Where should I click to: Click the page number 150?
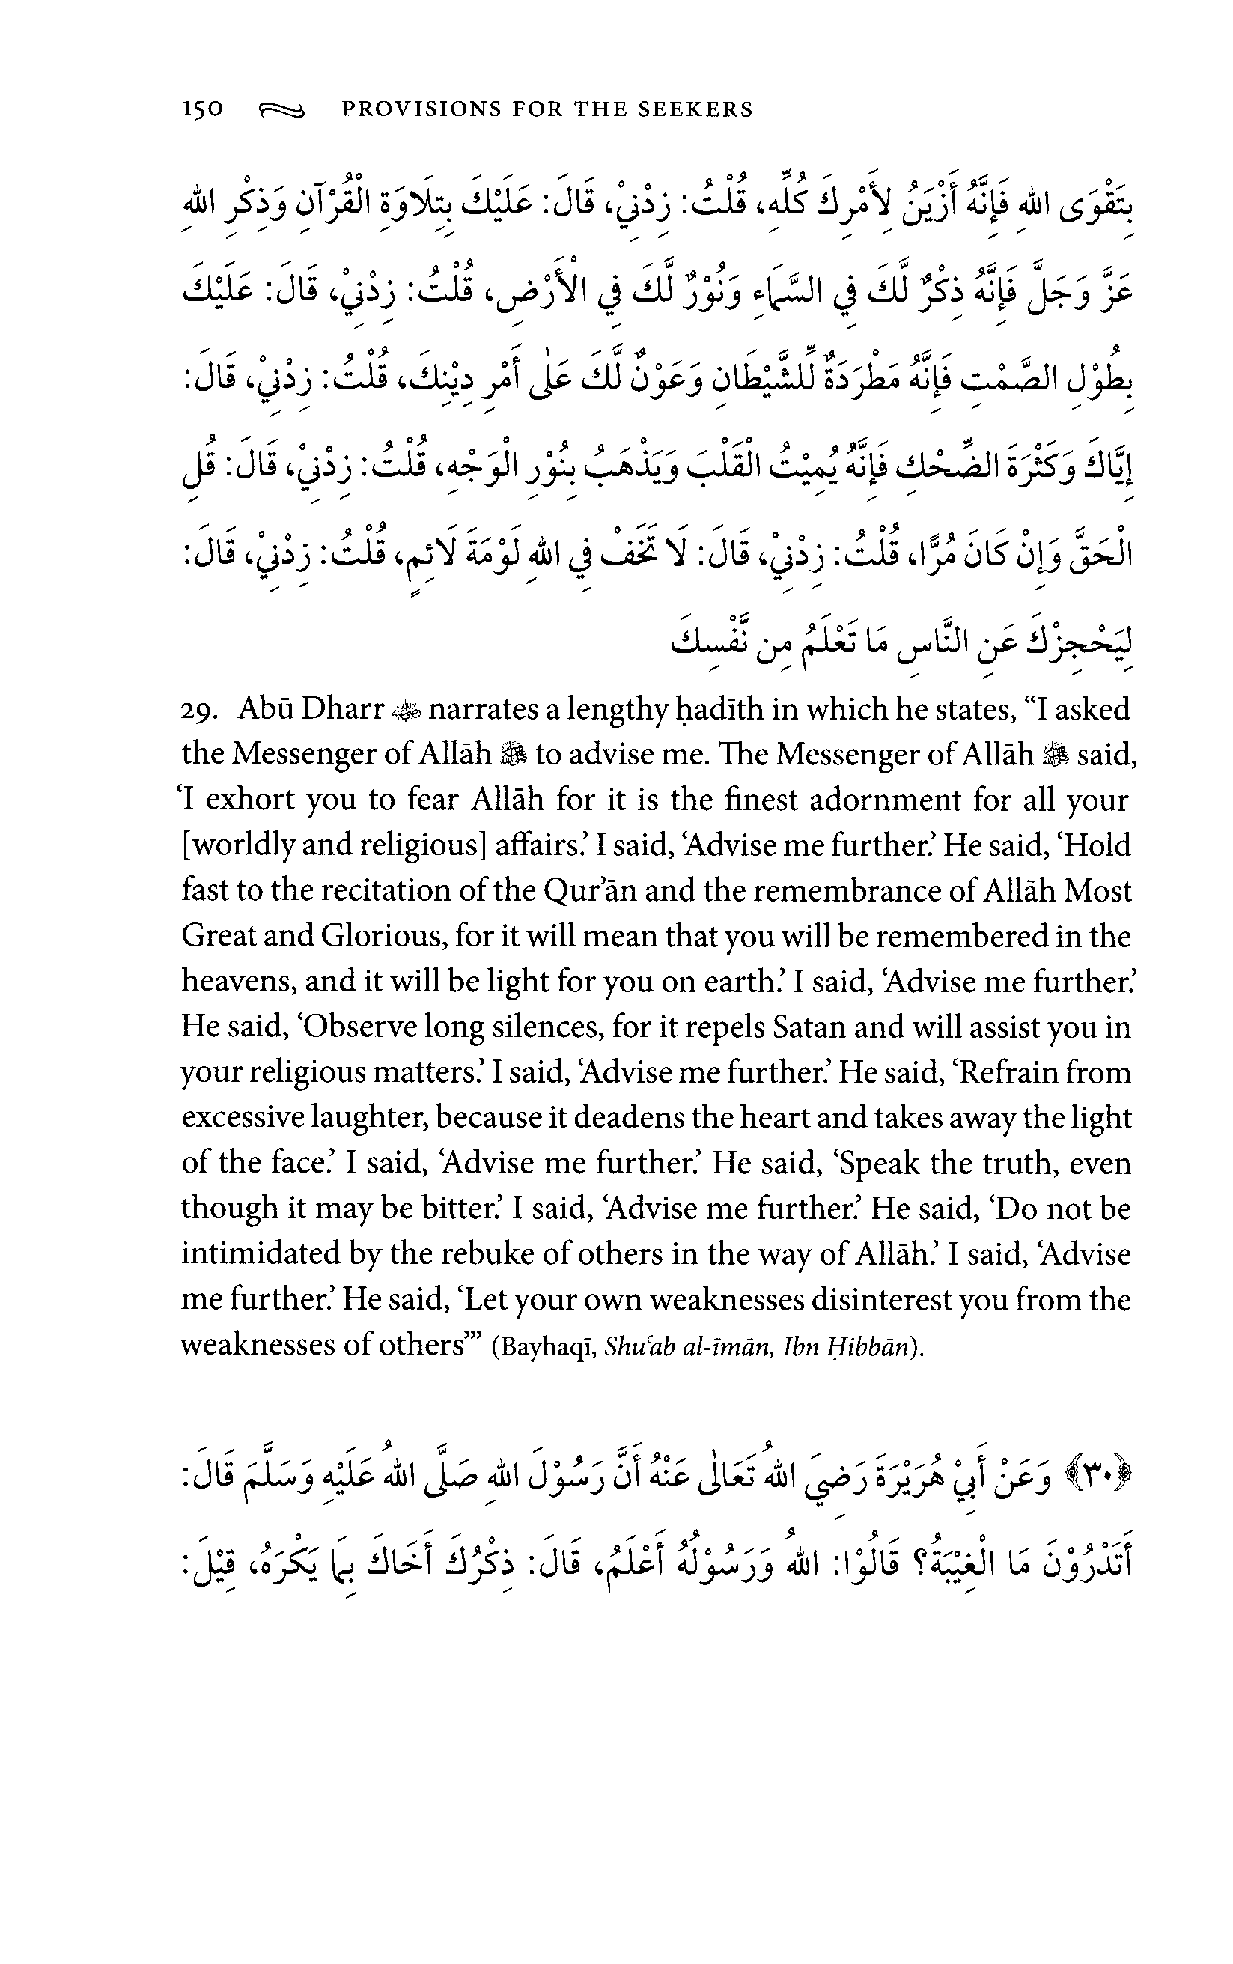pos(202,109)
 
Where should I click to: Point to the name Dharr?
pos(343,710)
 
